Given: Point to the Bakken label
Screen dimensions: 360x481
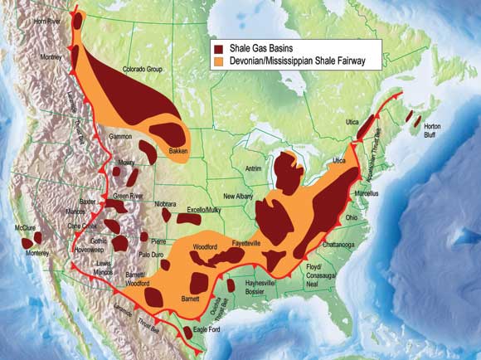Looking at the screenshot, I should tap(179, 151).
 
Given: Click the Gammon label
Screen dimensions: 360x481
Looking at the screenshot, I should tap(121, 134).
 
